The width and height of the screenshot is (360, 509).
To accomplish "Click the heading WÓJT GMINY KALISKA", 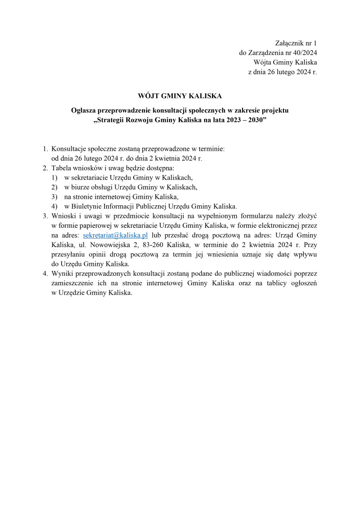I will point(180,96).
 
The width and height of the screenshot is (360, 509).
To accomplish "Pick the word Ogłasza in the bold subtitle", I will point(85,110).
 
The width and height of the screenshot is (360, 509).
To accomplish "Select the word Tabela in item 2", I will point(62,168).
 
